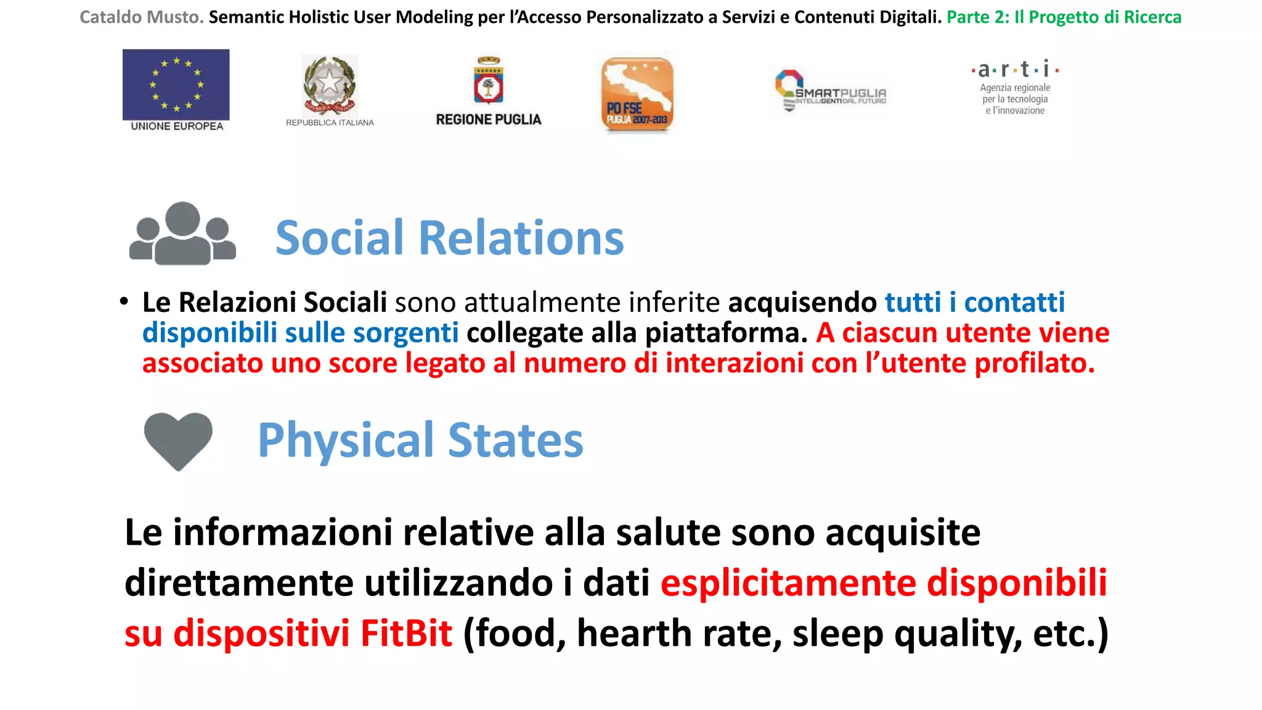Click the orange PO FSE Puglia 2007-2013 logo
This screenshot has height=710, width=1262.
[x=637, y=94]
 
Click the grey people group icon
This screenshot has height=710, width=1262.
[x=182, y=234]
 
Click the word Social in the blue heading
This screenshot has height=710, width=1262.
[x=340, y=238]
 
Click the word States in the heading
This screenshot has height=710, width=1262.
[x=516, y=440]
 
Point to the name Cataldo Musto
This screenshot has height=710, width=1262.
[x=141, y=17]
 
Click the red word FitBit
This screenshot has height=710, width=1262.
[x=406, y=633]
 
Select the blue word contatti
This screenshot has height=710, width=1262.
[x=1014, y=303]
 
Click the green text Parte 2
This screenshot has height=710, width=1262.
[x=978, y=17]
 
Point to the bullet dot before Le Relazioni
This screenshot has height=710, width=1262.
[x=124, y=301]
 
